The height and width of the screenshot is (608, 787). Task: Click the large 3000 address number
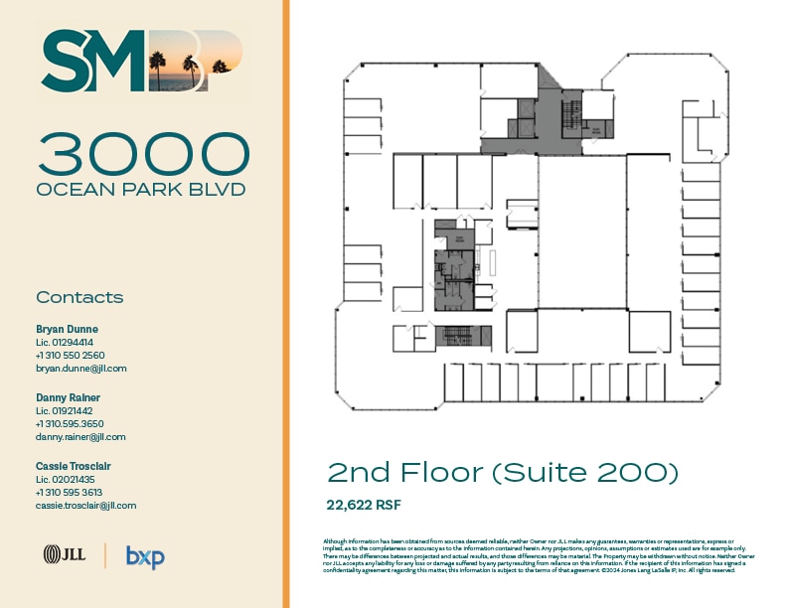[143, 154]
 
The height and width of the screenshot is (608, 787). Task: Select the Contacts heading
[79, 297]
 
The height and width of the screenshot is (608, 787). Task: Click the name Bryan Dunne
[67, 329]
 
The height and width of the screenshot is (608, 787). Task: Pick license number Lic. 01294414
[64, 342]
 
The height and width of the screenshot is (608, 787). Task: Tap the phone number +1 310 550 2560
[70, 355]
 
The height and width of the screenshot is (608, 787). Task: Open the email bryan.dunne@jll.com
[80, 368]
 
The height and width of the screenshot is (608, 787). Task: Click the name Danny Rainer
[68, 397]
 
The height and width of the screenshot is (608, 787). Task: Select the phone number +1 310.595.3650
[70, 423]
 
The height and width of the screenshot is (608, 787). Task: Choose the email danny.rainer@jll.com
[80, 436]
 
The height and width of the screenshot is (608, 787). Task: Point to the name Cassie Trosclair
[75, 466]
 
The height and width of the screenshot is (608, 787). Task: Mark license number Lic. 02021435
[64, 479]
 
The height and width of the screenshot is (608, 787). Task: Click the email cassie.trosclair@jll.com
[85, 505]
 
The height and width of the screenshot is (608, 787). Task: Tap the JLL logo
[62, 555]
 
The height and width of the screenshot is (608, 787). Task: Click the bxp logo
[145, 556]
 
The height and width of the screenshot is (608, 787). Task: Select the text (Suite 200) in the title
[585, 473]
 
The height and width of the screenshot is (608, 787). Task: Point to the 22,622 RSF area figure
[364, 505]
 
